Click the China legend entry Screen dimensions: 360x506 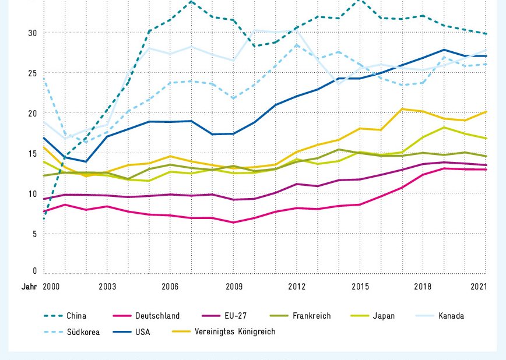point(76,316)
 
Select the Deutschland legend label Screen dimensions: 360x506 point(157,316)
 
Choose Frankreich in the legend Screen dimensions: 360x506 point(311,316)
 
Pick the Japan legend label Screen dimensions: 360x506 point(383,316)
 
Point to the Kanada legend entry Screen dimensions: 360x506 point(451,316)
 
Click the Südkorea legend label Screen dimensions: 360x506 point(83,332)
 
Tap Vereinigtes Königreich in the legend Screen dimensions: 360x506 point(235,332)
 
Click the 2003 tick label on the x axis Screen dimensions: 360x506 point(107,287)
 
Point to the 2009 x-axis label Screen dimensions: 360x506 point(233,287)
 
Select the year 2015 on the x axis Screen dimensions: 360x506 point(360,287)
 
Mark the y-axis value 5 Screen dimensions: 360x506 point(34,234)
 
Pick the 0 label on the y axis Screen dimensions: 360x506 point(34,271)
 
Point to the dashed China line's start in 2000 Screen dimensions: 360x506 point(44,218)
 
